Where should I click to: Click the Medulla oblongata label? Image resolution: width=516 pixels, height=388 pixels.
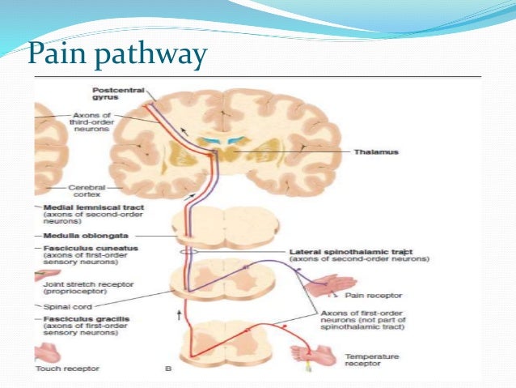click(x=83, y=235)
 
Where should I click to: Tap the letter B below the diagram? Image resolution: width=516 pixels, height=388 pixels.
click(x=167, y=369)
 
